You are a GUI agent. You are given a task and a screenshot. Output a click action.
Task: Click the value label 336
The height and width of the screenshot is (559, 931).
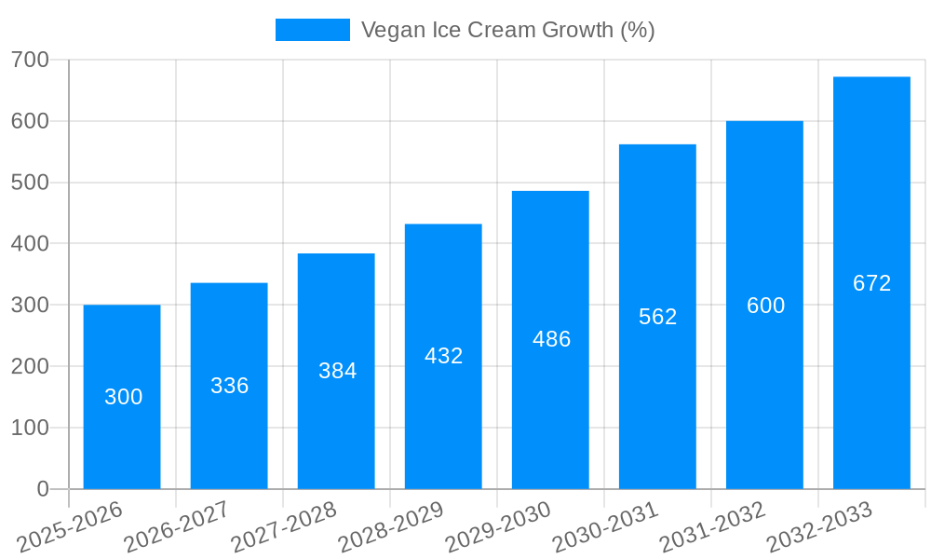(229, 386)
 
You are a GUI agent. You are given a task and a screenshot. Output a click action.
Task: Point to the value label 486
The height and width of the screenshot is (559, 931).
(551, 339)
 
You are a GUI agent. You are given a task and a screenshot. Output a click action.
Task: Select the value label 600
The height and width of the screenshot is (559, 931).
(765, 306)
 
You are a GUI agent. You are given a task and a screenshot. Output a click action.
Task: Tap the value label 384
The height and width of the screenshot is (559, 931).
(337, 371)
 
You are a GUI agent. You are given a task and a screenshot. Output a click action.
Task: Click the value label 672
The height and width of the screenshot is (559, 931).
(871, 283)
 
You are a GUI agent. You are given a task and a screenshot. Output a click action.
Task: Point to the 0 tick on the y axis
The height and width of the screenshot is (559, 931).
(43, 489)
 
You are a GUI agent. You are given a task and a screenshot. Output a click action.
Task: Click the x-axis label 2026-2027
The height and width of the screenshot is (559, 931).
(177, 527)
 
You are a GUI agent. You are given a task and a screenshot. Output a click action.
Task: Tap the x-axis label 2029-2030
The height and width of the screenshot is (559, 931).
(499, 527)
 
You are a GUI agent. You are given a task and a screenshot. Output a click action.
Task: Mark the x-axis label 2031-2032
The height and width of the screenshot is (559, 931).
(713, 527)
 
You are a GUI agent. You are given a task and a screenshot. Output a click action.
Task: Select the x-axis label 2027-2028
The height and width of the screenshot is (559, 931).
(284, 527)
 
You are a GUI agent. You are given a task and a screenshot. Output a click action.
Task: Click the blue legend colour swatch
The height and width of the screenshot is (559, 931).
(312, 30)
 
